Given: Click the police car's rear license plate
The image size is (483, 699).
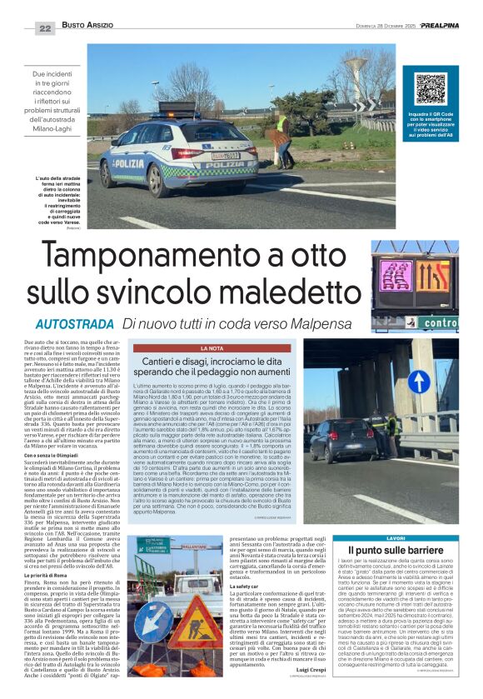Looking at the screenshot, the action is (x=225, y=155).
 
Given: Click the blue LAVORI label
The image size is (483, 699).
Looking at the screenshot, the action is (x=419, y=539).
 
